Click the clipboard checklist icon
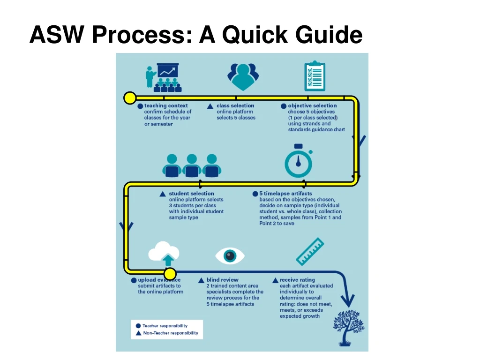[314, 76]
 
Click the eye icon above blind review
[230, 255]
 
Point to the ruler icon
[310, 252]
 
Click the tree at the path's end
[349, 326]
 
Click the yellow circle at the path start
[130, 98]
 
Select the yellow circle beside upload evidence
[170, 274]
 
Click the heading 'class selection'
[235, 106]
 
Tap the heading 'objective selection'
[312, 106]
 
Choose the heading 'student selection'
[191, 194]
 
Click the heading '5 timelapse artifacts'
[285, 194]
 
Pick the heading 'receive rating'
[297, 280]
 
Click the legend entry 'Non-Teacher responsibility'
[170, 333]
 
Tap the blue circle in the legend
[138, 326]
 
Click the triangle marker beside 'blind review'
[202, 280]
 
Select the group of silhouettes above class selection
[243, 76]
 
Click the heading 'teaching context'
[166, 106]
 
